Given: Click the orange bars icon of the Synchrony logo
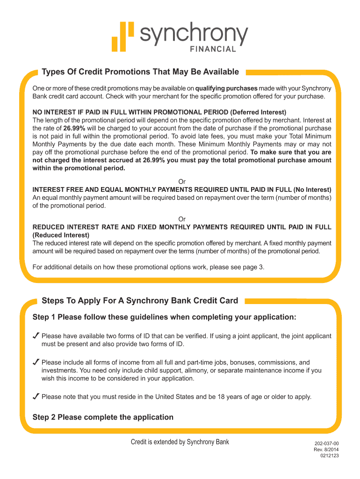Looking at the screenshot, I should (122, 36).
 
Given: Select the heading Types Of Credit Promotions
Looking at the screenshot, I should (140, 72).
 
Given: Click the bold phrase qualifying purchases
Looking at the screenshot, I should (226, 88).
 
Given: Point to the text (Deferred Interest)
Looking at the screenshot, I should (258, 112).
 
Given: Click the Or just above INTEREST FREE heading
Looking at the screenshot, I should (182, 181).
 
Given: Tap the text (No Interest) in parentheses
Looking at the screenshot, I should (312, 189).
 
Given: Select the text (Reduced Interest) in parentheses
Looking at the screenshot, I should (61, 235).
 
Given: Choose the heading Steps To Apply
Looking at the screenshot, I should (140, 300).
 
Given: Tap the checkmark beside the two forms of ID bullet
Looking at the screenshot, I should (36, 336).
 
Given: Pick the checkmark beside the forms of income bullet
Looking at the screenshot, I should (36, 362).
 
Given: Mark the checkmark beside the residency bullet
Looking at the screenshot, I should (36, 397).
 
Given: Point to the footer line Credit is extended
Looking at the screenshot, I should (180, 442).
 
